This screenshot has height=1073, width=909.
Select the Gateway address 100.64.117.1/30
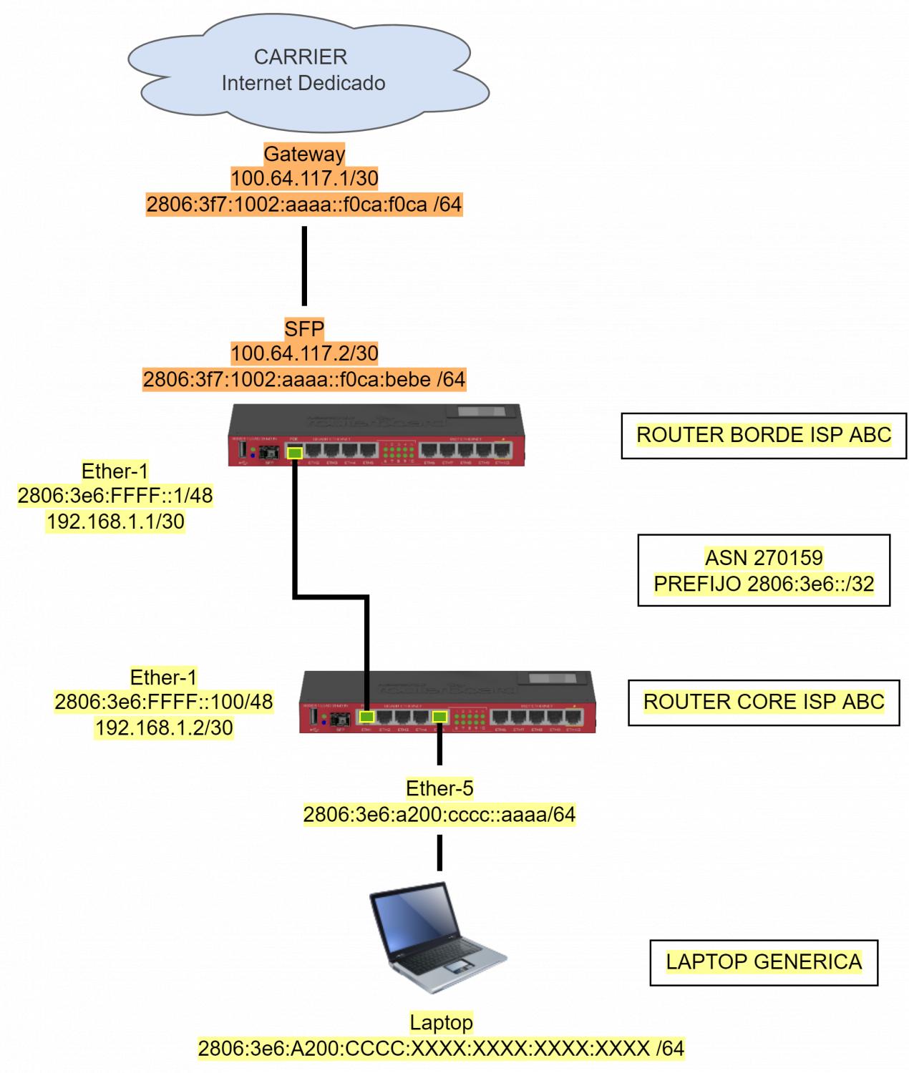[x=304, y=178]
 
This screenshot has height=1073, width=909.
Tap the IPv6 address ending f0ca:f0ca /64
[x=304, y=205]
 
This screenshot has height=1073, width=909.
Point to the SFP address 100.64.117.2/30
[x=304, y=353]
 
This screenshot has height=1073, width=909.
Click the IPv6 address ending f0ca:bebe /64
[x=304, y=379]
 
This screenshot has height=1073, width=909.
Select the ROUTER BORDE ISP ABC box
[x=764, y=435]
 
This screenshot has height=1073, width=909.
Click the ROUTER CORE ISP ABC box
[x=764, y=702]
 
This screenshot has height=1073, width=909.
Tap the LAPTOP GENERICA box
[x=764, y=962]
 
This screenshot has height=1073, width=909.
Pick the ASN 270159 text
[x=764, y=558]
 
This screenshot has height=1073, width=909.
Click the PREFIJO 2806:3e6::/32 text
[x=764, y=584]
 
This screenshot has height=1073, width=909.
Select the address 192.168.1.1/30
[x=116, y=522]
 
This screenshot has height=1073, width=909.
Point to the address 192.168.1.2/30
[x=164, y=728]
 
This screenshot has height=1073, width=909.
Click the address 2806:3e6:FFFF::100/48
[x=164, y=702]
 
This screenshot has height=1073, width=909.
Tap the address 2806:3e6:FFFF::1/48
[x=116, y=496]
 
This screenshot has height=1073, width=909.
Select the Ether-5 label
[x=439, y=788]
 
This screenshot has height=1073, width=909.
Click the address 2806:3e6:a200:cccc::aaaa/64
[x=439, y=815]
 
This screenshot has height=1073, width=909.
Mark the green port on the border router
[x=294, y=452]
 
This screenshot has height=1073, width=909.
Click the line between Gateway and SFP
[x=304, y=266]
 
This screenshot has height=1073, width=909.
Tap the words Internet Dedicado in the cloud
[x=303, y=83]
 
